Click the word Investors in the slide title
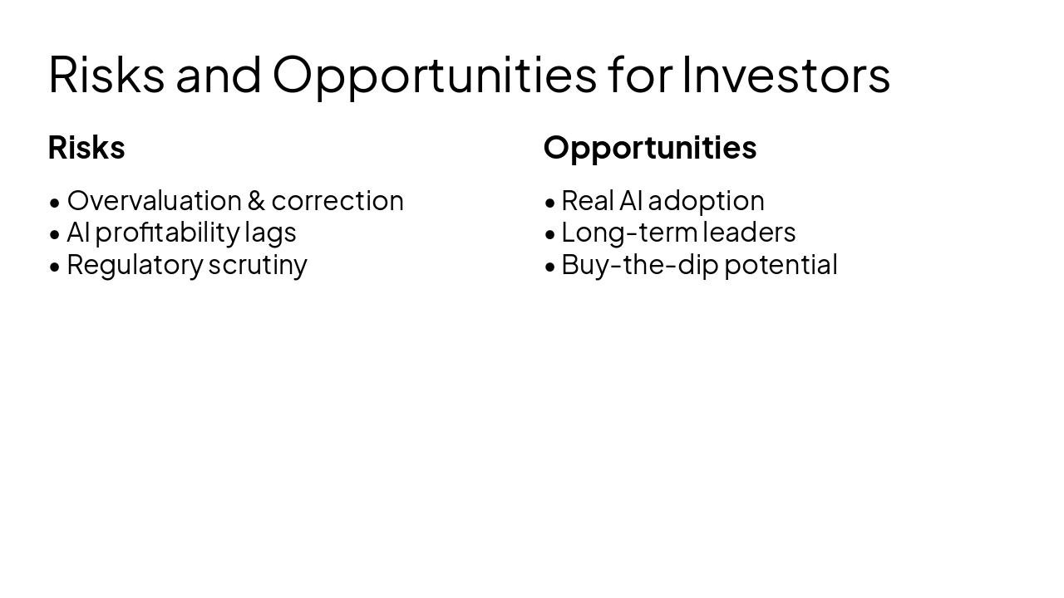(x=786, y=74)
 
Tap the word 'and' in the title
(x=219, y=74)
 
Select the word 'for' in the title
(x=639, y=74)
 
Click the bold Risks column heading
(x=86, y=148)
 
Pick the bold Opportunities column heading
(x=650, y=148)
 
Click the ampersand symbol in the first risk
(x=256, y=201)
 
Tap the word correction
(x=337, y=201)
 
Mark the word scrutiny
(x=258, y=264)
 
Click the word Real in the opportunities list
(x=587, y=201)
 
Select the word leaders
(x=749, y=233)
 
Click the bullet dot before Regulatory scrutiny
(x=55, y=267)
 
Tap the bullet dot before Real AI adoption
(x=549, y=203)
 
